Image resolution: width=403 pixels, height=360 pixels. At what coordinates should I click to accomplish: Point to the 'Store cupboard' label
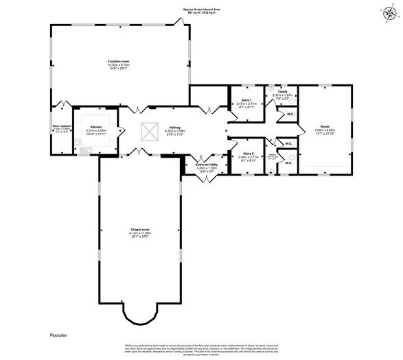coord(62,126)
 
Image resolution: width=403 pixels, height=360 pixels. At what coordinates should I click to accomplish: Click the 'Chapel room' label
coord(139,230)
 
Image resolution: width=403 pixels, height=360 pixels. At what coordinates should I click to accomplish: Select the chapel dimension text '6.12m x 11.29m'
coord(139,234)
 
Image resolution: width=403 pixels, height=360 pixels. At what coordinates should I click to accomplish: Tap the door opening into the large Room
coord(299,129)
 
